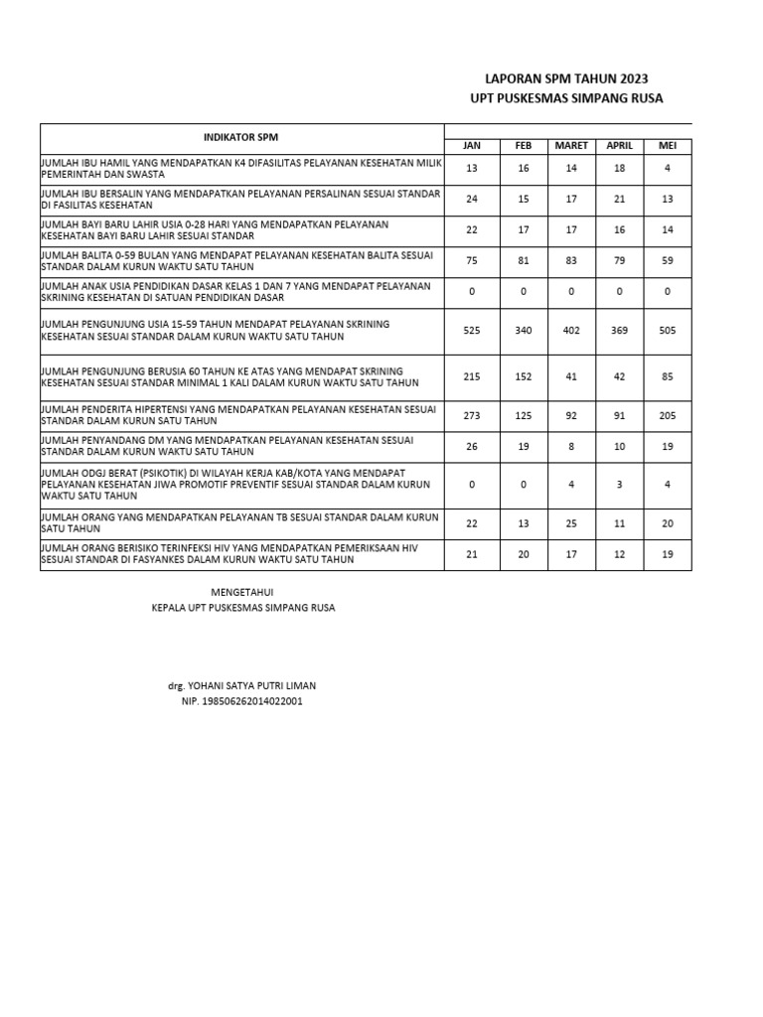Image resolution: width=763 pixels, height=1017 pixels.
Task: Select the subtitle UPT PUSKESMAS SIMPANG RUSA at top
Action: [x=565, y=98]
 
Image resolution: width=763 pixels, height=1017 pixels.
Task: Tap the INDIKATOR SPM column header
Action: [x=241, y=137]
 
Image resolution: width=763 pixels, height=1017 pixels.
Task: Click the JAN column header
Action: [x=472, y=146]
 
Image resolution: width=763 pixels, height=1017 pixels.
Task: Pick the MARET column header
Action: [x=571, y=146]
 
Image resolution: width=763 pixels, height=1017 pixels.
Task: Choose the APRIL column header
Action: [x=619, y=146]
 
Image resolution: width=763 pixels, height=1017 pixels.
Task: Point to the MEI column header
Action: [x=667, y=146]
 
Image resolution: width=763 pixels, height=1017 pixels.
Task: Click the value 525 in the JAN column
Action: [x=472, y=330]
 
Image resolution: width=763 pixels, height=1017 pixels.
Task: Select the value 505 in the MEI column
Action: [x=667, y=330]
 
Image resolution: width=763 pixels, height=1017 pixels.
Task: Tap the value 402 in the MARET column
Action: [x=571, y=330]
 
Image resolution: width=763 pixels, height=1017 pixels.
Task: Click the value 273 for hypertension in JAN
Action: [x=472, y=415]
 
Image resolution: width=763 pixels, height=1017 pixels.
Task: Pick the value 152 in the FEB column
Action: [x=524, y=376]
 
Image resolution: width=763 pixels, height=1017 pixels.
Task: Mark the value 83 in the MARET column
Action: [x=571, y=261]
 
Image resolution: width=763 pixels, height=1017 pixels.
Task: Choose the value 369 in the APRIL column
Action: [x=619, y=330]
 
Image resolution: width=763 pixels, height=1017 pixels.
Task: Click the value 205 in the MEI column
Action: [x=667, y=415]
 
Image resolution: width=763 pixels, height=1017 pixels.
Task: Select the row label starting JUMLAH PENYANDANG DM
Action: [x=227, y=445]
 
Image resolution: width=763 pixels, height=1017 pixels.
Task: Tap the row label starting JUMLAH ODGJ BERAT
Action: [x=235, y=484]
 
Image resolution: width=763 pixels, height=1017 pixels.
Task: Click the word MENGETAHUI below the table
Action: [x=243, y=591]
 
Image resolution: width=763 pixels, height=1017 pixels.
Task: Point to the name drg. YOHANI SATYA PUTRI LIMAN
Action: [x=242, y=685]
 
